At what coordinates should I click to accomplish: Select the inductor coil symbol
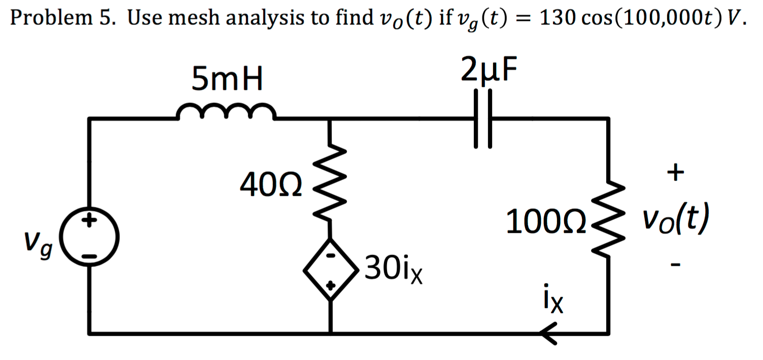[x=226, y=112]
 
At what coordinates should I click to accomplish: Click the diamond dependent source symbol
[x=330, y=272]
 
